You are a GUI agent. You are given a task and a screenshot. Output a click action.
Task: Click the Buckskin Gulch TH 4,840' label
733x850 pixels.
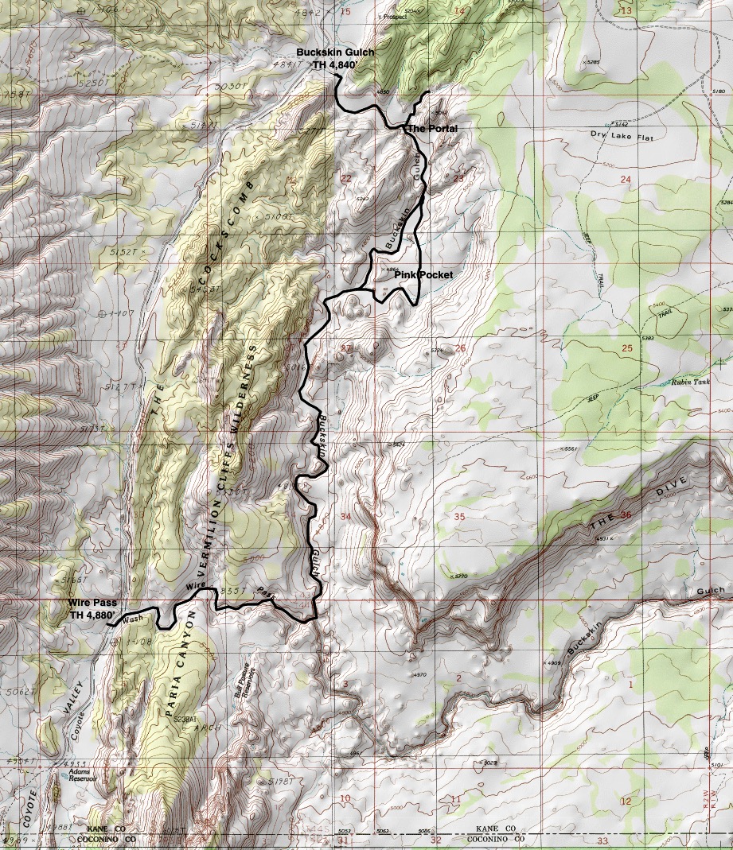click(334, 58)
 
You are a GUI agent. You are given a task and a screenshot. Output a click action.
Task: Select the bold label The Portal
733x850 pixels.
click(432, 128)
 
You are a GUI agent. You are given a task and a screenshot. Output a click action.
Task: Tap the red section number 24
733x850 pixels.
click(625, 180)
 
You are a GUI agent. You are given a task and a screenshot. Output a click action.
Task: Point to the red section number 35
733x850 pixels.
click(458, 517)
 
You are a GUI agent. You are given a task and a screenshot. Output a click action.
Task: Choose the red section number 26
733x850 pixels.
click(459, 348)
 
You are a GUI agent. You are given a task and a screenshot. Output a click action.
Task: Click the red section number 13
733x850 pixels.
click(626, 10)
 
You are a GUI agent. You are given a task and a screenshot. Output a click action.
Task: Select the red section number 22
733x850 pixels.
click(345, 179)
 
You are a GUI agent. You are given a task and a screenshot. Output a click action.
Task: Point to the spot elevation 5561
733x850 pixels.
click(570, 449)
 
